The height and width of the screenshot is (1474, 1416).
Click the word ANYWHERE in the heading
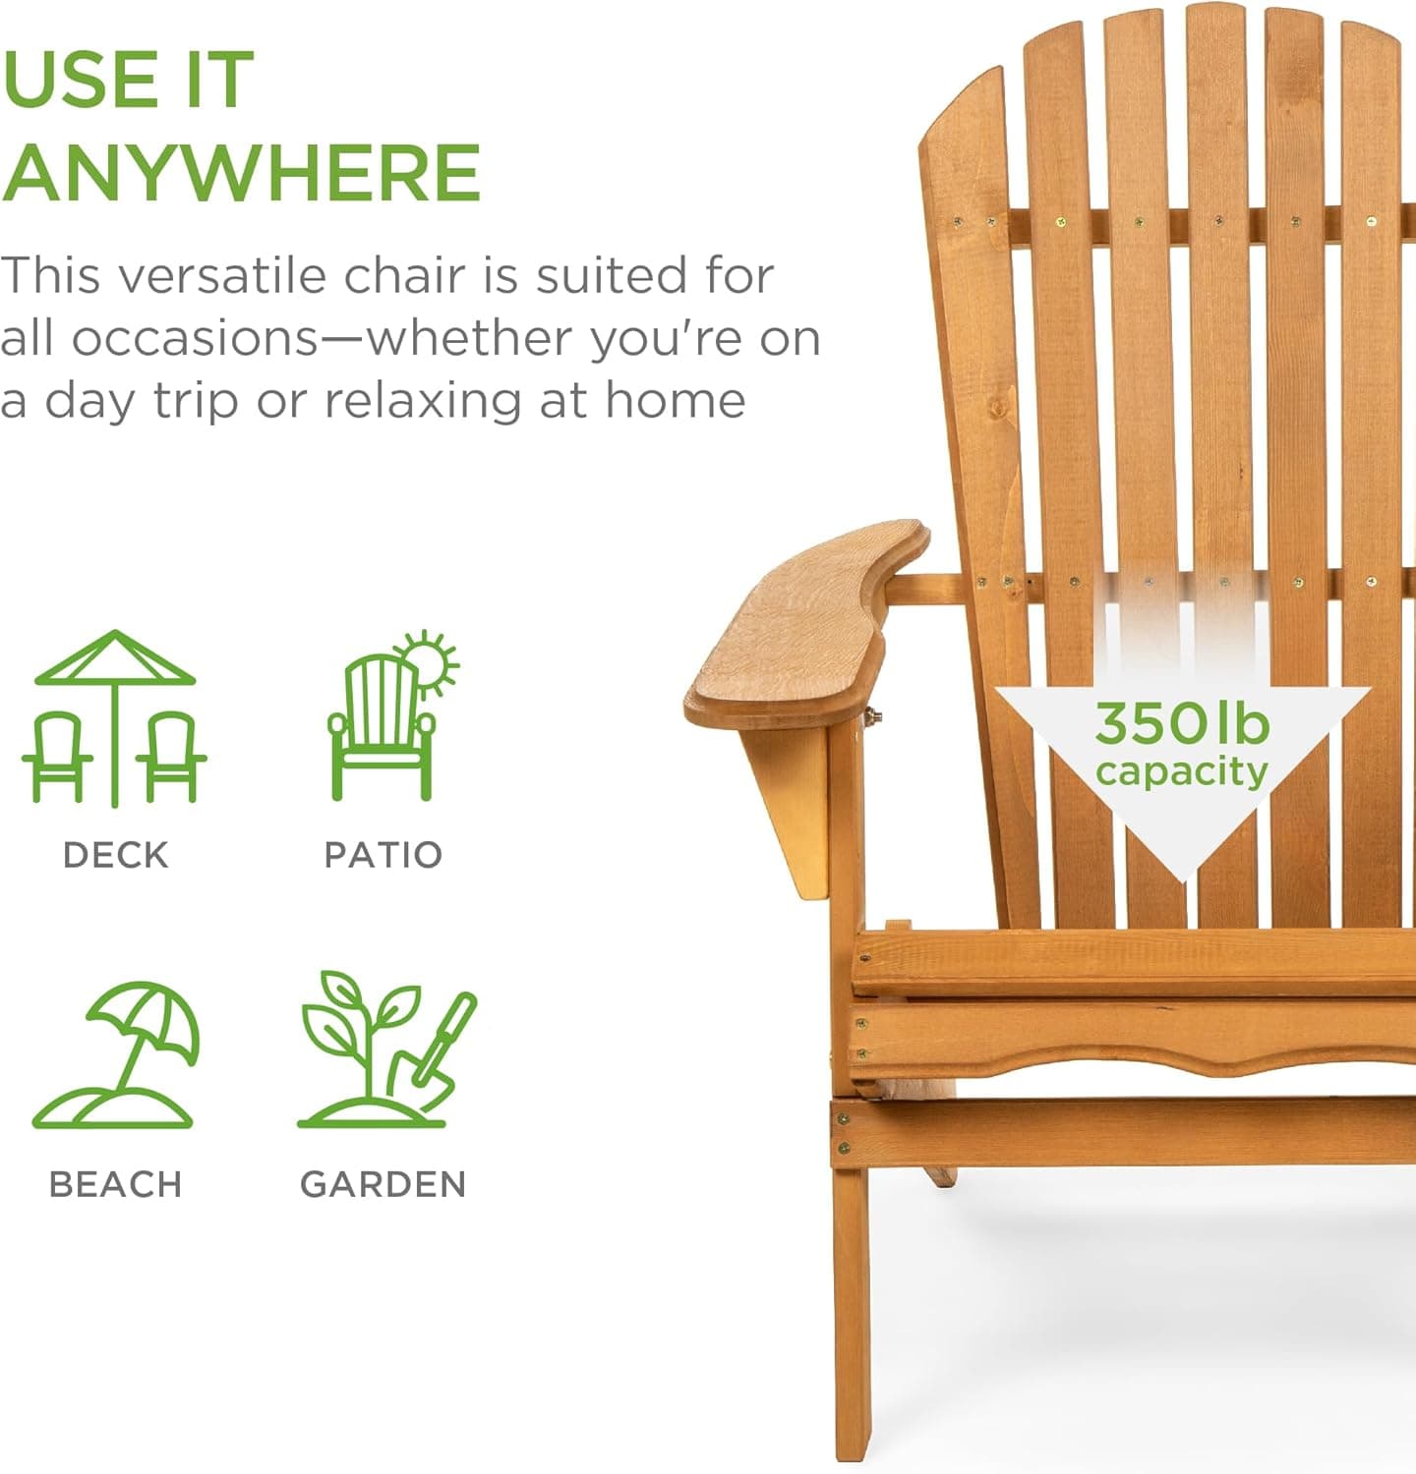(242, 173)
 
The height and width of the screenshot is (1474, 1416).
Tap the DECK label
(115, 855)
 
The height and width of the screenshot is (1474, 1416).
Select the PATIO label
(383, 855)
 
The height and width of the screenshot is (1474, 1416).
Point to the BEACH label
(115, 1184)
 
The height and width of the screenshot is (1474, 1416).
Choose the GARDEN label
(383, 1184)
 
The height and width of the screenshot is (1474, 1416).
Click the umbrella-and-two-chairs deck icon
(114, 717)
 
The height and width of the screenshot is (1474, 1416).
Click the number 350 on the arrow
(1148, 724)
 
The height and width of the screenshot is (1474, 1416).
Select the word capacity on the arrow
(1182, 772)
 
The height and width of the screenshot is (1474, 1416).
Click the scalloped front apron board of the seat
(1131, 1042)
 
